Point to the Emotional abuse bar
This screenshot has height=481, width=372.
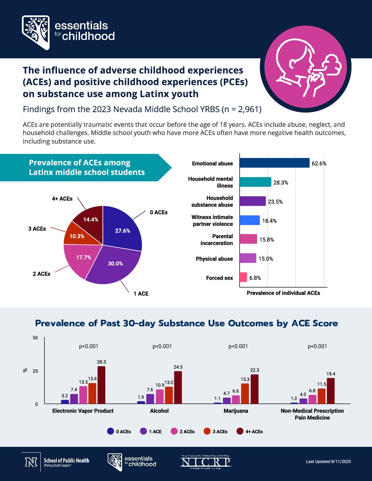(274, 163)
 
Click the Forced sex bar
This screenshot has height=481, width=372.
(243, 277)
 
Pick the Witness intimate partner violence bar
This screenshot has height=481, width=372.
(250, 220)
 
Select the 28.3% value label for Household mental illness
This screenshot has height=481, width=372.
(281, 182)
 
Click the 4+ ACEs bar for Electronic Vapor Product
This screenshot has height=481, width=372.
(102, 385)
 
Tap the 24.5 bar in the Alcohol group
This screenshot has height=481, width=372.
(178, 387)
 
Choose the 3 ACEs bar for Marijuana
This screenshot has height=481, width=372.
(245, 394)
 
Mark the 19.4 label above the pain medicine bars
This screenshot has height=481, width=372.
(331, 374)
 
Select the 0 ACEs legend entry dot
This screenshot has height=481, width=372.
(110, 431)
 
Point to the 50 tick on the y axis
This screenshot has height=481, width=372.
(36, 338)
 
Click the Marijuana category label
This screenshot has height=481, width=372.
(236, 411)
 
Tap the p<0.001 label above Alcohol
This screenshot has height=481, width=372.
(162, 346)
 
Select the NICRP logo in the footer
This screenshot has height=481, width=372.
(206, 462)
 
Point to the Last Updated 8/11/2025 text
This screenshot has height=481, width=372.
(328, 462)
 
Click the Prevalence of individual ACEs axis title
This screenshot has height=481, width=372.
(283, 293)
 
